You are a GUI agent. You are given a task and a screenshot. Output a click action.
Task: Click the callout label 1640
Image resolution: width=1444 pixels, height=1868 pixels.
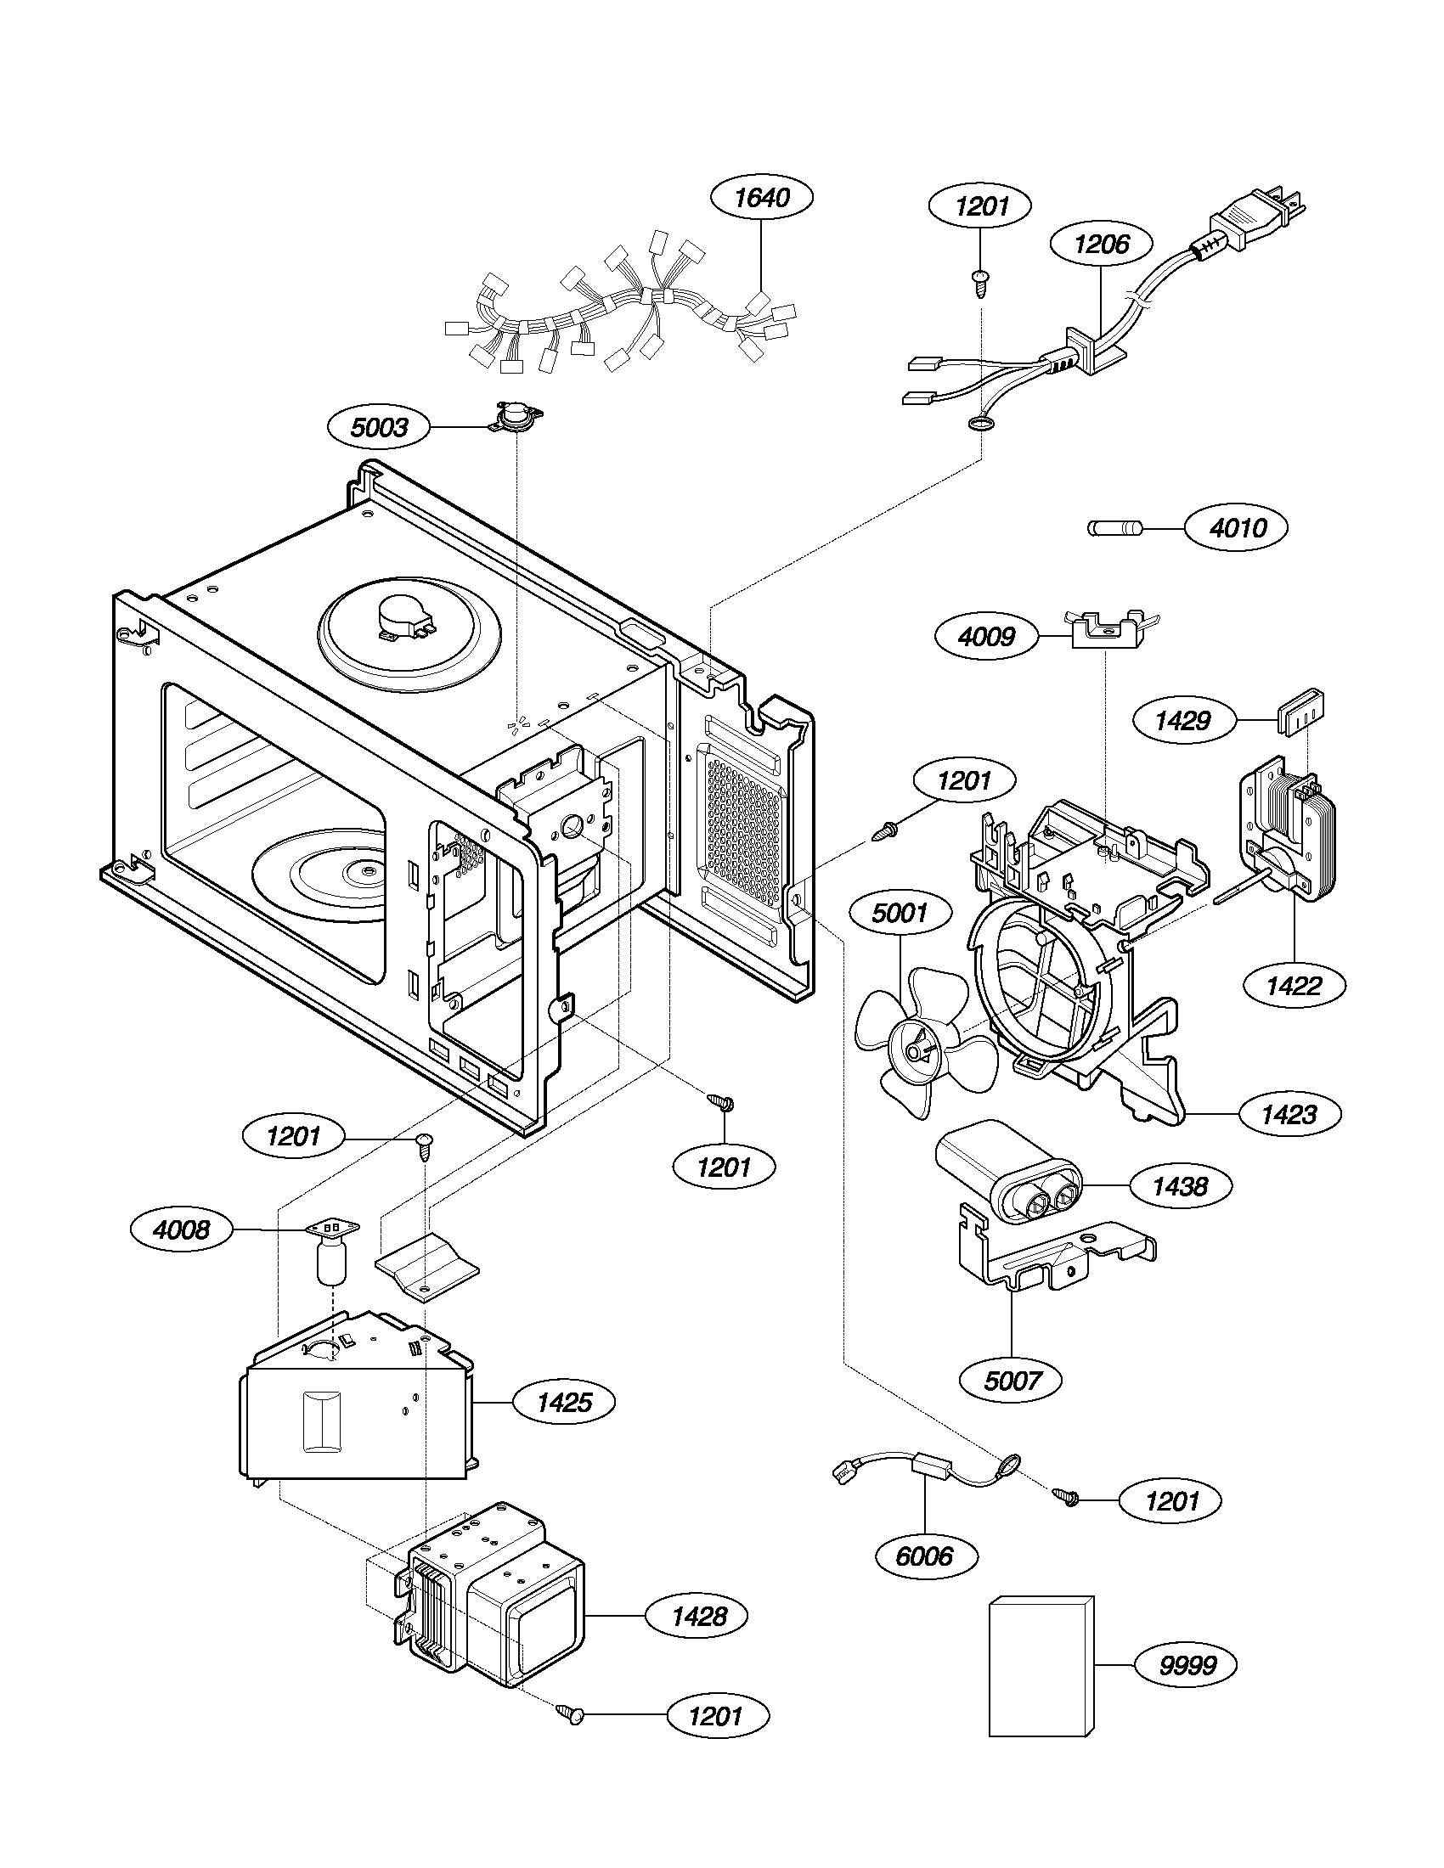(761, 199)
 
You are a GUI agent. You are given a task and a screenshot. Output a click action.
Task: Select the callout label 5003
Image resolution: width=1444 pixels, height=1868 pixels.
(379, 427)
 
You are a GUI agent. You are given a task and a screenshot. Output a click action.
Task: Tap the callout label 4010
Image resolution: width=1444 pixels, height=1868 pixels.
(1237, 528)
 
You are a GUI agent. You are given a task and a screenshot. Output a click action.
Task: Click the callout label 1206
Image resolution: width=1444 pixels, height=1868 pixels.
(1101, 245)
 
